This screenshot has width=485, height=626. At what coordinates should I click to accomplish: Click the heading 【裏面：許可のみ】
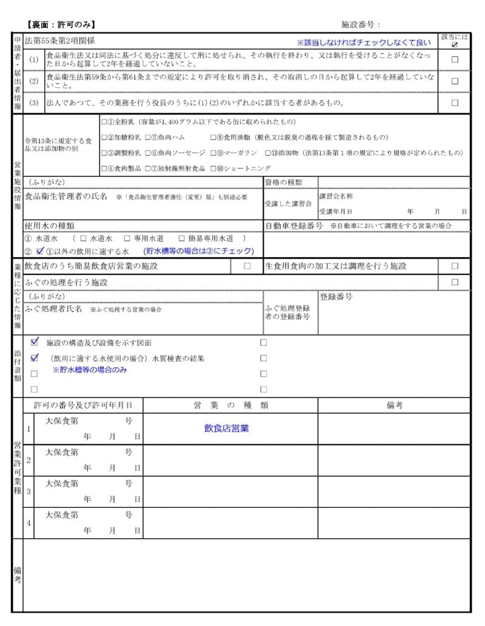[61, 25]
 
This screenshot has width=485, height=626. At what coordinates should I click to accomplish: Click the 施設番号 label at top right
[360, 25]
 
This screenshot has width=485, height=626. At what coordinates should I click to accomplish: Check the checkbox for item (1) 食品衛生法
[455, 59]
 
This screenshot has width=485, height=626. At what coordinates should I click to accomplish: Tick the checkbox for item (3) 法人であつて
[455, 102]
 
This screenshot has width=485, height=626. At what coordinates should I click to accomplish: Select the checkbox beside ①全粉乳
[104, 121]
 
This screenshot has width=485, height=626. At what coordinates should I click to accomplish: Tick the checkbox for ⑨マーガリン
[213, 153]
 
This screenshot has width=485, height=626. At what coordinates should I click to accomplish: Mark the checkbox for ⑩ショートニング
[213, 168]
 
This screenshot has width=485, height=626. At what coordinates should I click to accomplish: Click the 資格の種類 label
[283, 182]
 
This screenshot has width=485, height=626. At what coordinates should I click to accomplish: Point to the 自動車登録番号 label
[294, 226]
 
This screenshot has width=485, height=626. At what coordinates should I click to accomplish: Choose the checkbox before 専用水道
[127, 239]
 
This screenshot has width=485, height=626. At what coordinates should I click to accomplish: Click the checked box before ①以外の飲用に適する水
[39, 251]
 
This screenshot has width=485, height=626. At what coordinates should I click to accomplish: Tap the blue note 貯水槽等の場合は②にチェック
[198, 251]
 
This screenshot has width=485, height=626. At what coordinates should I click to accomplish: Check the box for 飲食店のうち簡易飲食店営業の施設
[247, 266]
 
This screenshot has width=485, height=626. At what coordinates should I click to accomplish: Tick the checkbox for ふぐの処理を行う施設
[455, 282]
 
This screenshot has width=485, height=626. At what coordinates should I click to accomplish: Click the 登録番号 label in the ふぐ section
[336, 297]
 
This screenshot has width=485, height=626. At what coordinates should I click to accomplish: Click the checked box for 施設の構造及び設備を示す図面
[35, 342]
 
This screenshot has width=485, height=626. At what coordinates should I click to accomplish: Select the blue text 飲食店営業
[226, 428]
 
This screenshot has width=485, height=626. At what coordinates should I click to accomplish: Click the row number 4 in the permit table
[28, 522]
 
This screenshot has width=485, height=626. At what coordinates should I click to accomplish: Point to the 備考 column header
[394, 405]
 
